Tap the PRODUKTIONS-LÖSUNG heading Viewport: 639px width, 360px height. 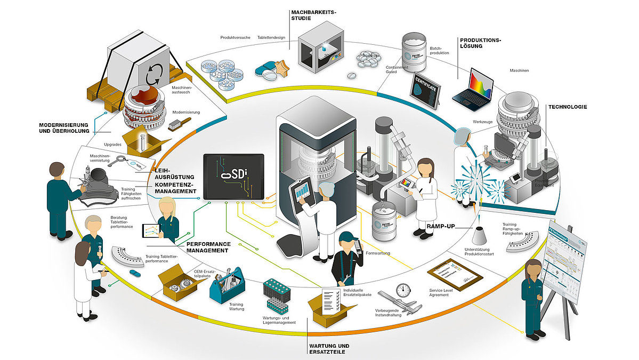478,43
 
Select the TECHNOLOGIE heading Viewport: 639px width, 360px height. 568,107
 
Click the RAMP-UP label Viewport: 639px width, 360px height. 441,226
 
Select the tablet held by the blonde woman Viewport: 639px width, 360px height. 151,231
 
